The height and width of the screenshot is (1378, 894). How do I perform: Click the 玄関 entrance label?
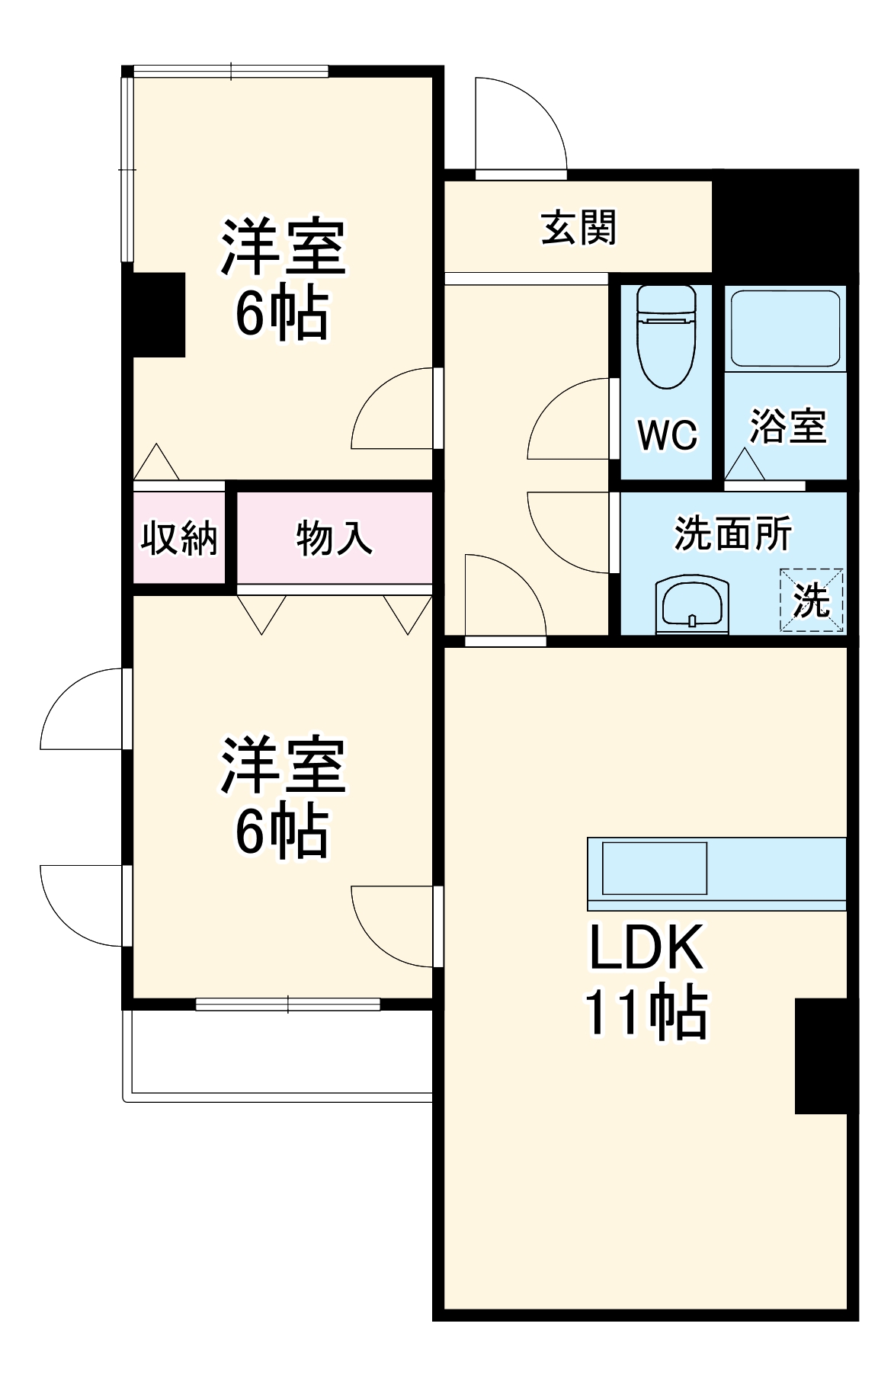(x=578, y=227)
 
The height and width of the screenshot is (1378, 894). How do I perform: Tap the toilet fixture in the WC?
(x=666, y=336)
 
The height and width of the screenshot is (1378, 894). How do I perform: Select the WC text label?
(x=667, y=435)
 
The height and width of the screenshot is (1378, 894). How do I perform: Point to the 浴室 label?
(x=788, y=426)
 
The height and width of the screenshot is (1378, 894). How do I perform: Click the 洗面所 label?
(x=732, y=534)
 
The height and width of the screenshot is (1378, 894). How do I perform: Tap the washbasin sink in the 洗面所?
(x=692, y=605)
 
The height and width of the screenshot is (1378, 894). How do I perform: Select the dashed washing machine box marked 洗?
(x=811, y=601)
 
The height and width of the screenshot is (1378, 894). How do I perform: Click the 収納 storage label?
(x=178, y=538)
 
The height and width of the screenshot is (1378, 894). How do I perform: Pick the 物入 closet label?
(x=334, y=538)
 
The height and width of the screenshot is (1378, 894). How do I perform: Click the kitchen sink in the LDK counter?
(x=655, y=867)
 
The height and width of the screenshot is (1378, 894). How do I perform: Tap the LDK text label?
(x=646, y=948)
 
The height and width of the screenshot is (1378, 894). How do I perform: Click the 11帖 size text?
(x=646, y=1014)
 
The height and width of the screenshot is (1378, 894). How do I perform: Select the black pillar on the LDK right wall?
(x=822, y=1056)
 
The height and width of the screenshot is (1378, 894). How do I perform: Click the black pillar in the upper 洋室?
(x=159, y=314)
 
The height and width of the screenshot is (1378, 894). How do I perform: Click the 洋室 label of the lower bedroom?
(x=283, y=765)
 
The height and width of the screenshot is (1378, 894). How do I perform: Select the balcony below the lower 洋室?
(x=279, y=1055)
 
